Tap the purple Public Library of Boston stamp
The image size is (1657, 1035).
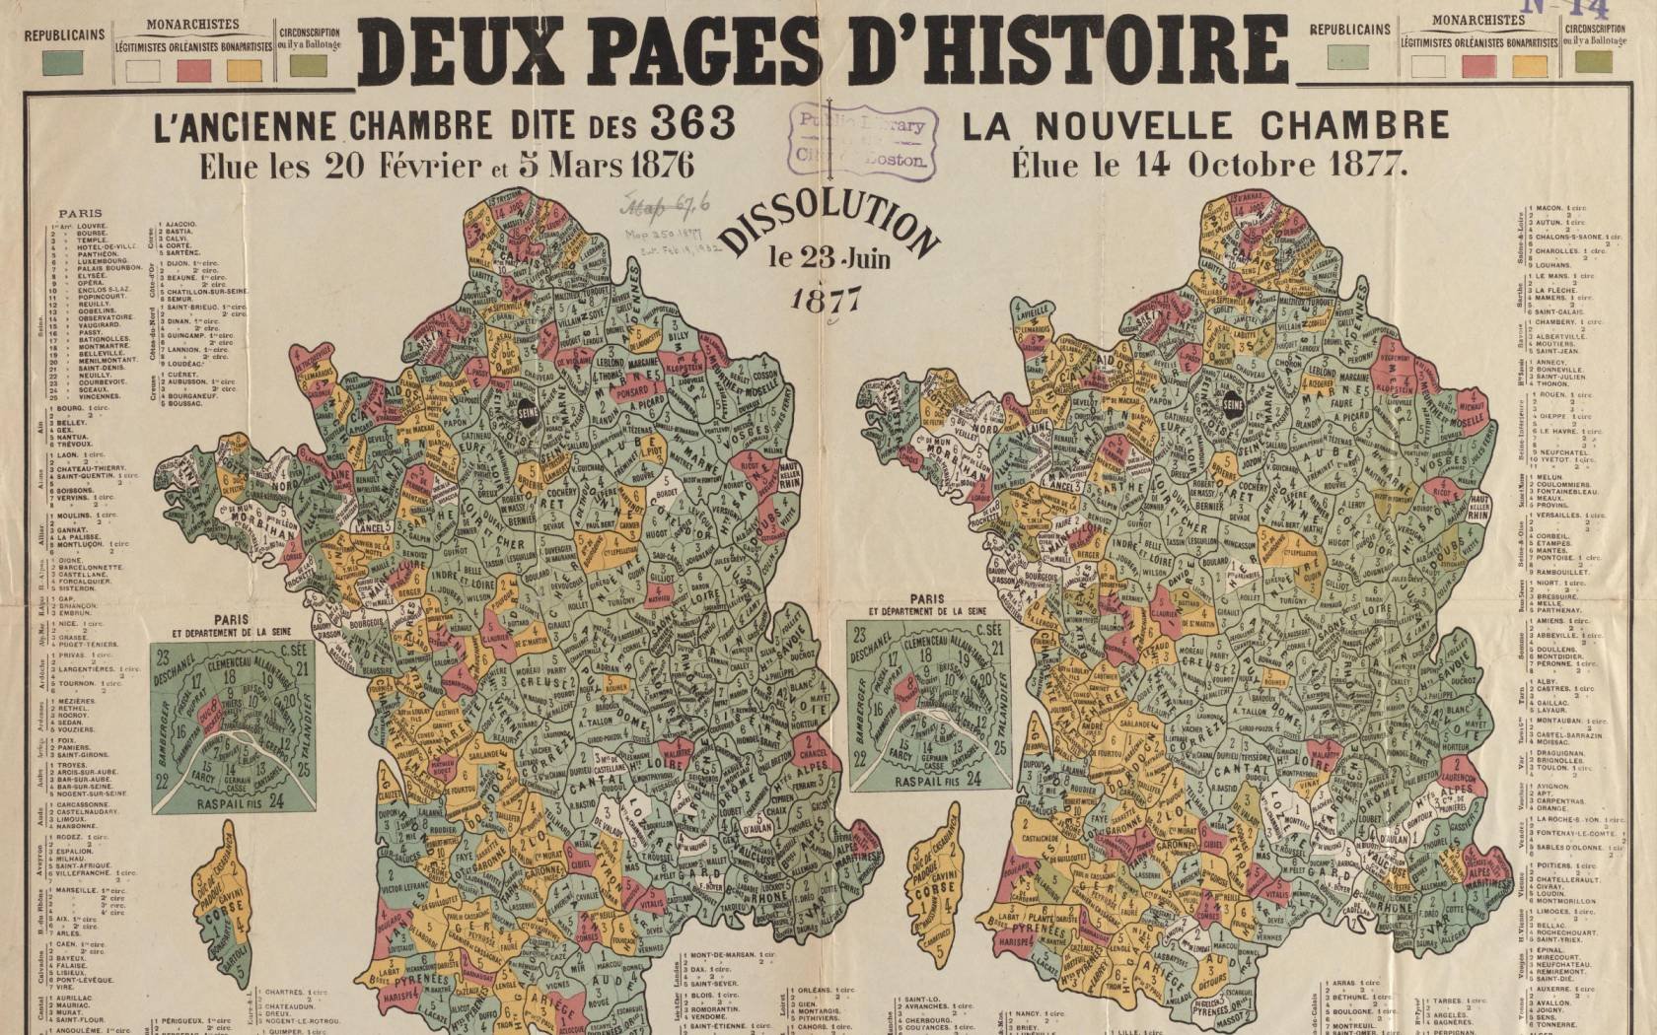coord(863,142)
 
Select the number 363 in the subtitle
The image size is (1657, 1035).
coord(692,124)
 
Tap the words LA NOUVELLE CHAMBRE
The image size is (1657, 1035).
coord(1205,125)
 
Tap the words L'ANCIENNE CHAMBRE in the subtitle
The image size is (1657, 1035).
coord(322,125)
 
